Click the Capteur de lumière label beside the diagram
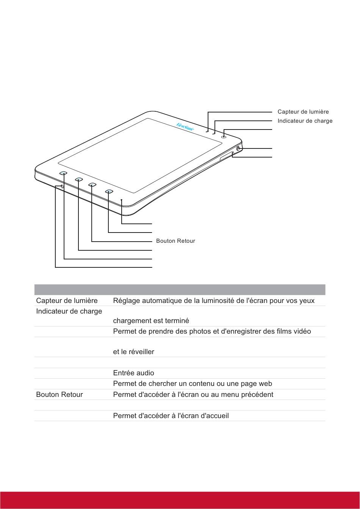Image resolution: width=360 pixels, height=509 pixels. (303, 112)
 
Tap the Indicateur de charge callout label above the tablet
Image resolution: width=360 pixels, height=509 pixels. (305, 121)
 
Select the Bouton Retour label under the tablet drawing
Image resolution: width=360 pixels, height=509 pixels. (175, 241)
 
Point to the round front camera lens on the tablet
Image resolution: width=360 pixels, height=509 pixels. (224, 137)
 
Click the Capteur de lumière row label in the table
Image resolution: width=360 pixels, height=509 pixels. (67, 301)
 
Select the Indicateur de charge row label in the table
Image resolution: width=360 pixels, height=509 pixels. (69, 311)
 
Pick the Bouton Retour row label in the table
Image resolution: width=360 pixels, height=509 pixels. (59, 395)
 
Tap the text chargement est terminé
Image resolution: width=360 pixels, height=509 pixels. (151, 321)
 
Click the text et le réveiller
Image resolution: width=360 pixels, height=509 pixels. (133, 352)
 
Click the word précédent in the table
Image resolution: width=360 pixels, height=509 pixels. (256, 395)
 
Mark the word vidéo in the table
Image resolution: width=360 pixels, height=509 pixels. (302, 332)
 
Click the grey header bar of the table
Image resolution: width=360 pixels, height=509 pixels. (180, 290)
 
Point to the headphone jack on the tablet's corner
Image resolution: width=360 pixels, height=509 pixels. (238, 149)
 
